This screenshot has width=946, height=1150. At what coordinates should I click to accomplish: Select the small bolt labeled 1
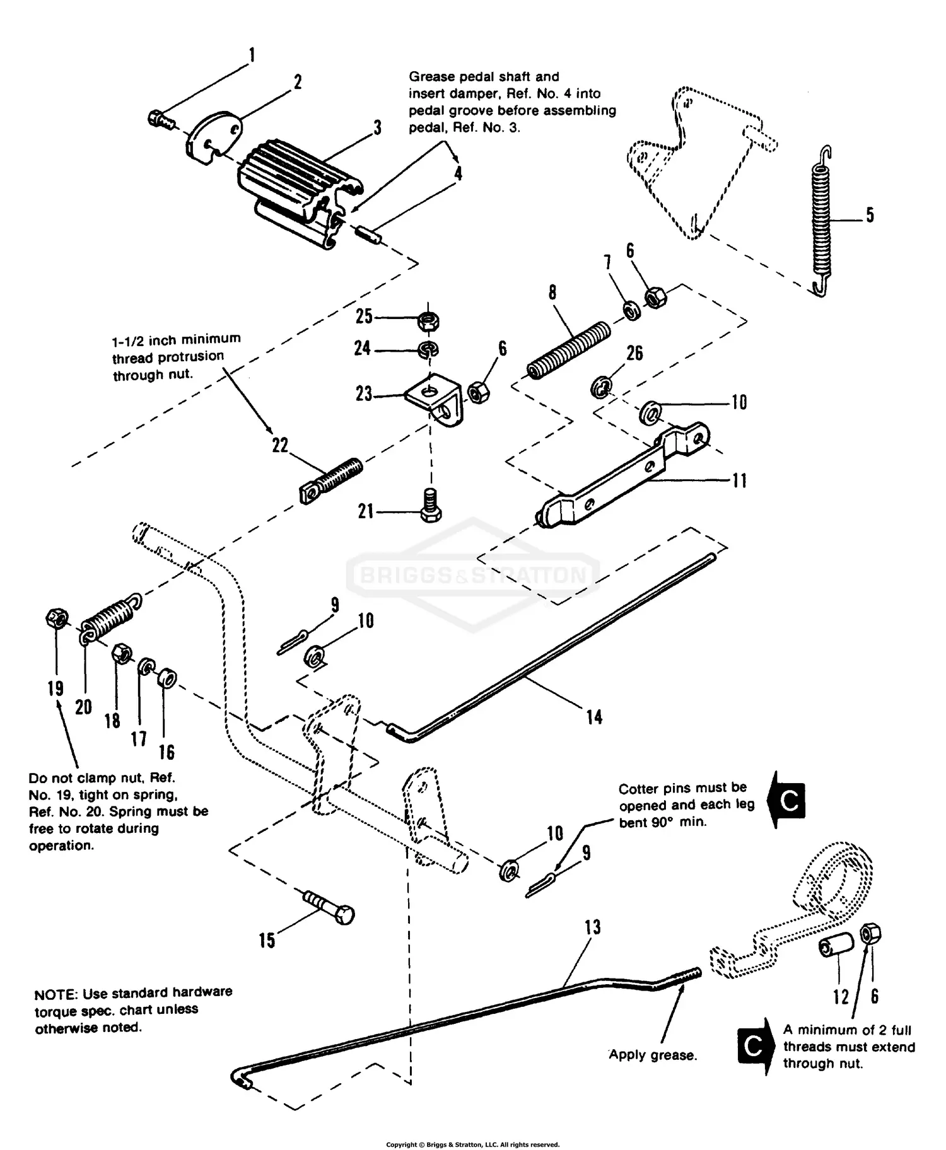click(161, 119)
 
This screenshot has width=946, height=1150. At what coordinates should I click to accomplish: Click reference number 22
click(280, 446)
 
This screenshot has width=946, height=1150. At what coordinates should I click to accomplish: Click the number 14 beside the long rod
click(594, 717)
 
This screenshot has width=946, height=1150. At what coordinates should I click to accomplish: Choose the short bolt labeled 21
click(430, 504)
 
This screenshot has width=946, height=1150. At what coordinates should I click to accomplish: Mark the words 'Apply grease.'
click(653, 1055)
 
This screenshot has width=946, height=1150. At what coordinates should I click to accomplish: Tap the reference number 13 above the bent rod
click(592, 927)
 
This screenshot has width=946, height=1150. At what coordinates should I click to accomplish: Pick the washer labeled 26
click(600, 386)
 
